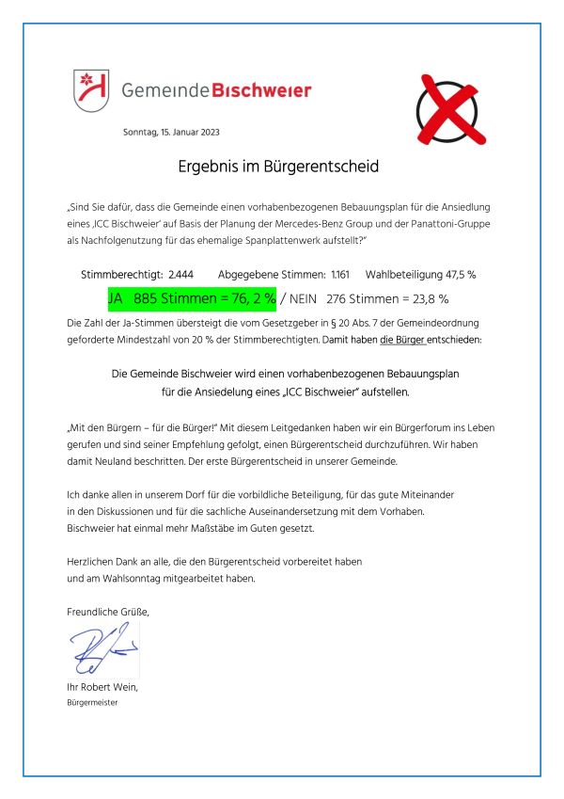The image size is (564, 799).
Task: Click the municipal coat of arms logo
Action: click(90, 89)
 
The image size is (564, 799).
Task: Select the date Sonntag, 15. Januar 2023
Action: click(171, 132)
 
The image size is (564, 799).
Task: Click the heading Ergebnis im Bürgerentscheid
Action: click(278, 168)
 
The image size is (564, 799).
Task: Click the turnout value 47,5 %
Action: click(457, 275)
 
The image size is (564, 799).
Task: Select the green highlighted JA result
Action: click(192, 299)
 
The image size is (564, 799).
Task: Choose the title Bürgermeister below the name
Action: click(99, 702)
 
